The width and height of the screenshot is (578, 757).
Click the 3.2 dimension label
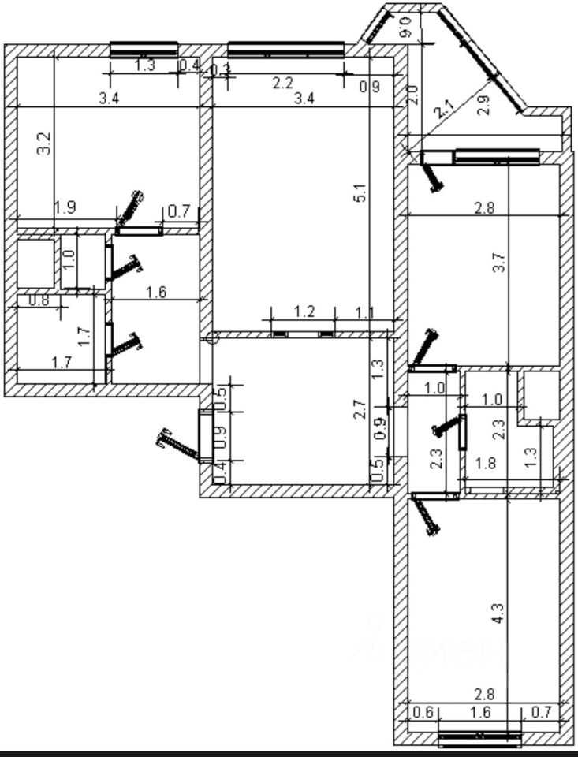45,142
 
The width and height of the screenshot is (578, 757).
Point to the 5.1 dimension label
360,193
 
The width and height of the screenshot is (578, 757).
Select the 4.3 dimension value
497,613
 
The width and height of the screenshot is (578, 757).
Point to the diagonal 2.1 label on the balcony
444,108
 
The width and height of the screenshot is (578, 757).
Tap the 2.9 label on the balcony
484,105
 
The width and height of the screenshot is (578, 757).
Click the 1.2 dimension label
304,311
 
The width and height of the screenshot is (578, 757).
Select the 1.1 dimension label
364,312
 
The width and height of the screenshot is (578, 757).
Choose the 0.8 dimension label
39,300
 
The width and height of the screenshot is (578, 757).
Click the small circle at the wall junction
210,338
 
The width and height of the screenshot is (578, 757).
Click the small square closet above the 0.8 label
35,261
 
